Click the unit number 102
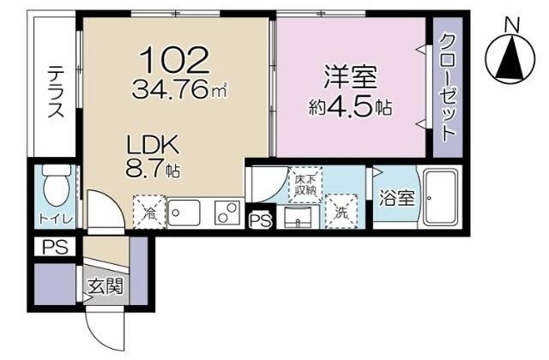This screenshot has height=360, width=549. pos(174,60)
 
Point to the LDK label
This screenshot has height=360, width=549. pos(153,145)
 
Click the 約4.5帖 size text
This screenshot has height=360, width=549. pos(350,107)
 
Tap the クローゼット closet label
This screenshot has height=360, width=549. pos(448,87)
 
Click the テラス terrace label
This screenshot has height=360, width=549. pos(57,92)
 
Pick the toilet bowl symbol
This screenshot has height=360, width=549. pos(57,185)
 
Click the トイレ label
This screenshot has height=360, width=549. pos(56,219)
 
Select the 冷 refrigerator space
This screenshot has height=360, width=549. pos(149,212)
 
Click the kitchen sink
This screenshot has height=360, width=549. pos(184,213)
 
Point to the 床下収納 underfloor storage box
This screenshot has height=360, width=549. pos(305,185)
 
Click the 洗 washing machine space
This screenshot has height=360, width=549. pos(341,212)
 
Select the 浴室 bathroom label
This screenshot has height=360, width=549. pos(396,198)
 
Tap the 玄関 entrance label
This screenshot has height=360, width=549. pos(106,286)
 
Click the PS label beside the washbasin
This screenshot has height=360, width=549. pos(261,221)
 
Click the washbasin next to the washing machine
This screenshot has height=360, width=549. pos(299,217)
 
